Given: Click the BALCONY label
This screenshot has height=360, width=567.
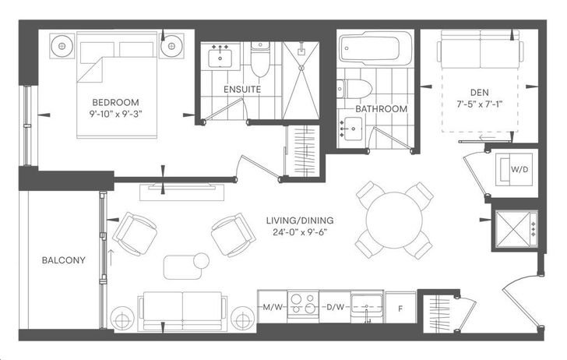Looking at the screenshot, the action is (x=64, y=260).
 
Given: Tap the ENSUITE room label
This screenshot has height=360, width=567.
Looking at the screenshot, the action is (x=242, y=90).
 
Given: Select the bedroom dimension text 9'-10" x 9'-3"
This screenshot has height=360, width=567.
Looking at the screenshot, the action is (x=116, y=114).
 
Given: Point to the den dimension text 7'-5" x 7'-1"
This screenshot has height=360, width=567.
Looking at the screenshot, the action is (x=480, y=104).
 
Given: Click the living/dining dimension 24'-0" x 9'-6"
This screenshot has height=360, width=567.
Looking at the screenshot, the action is (x=300, y=232).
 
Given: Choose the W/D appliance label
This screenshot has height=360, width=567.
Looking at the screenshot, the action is (x=519, y=169).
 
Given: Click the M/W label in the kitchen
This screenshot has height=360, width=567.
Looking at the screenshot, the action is (x=273, y=308).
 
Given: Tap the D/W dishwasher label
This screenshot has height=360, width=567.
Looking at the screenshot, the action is (x=335, y=308).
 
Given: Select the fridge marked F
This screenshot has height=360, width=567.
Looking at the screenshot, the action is (x=400, y=308).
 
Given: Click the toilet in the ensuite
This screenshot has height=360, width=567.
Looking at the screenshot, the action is (x=260, y=59).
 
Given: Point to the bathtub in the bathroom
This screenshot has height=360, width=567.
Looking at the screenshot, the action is (x=375, y=48).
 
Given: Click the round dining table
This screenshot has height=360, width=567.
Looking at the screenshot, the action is (x=394, y=220).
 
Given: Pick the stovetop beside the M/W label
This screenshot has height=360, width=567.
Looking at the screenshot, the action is (x=303, y=304).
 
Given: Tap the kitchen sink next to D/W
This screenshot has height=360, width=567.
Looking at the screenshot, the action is (x=368, y=306).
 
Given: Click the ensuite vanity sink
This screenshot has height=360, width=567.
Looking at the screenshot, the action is (x=220, y=57).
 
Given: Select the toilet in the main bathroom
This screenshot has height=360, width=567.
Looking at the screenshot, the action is (x=354, y=89).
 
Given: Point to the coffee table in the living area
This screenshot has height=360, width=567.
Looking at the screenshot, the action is (x=182, y=267).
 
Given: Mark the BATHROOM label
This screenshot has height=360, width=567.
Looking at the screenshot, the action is (x=382, y=109).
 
